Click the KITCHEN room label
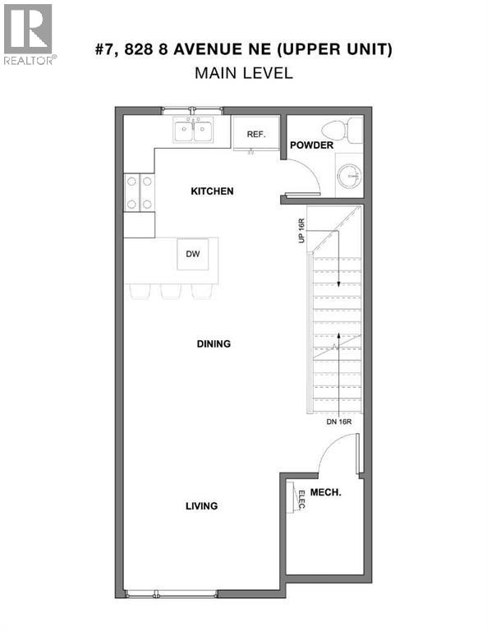pyautogui.click(x=212, y=191)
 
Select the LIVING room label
pyautogui.click(x=201, y=506)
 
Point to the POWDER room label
pyautogui.click(x=310, y=145)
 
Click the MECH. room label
pyautogui.click(x=327, y=492)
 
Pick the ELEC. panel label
pyautogui.click(x=301, y=500)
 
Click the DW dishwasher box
pyautogui.click(x=193, y=254)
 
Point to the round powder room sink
pyautogui.click(x=350, y=175)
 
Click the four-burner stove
pyautogui.click(x=139, y=193)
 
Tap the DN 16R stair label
pyautogui.click(x=338, y=421)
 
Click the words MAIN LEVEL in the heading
pyautogui.click(x=243, y=73)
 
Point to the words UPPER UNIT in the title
pyautogui.click(x=340, y=50)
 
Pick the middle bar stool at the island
pyautogui.click(x=171, y=291)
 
